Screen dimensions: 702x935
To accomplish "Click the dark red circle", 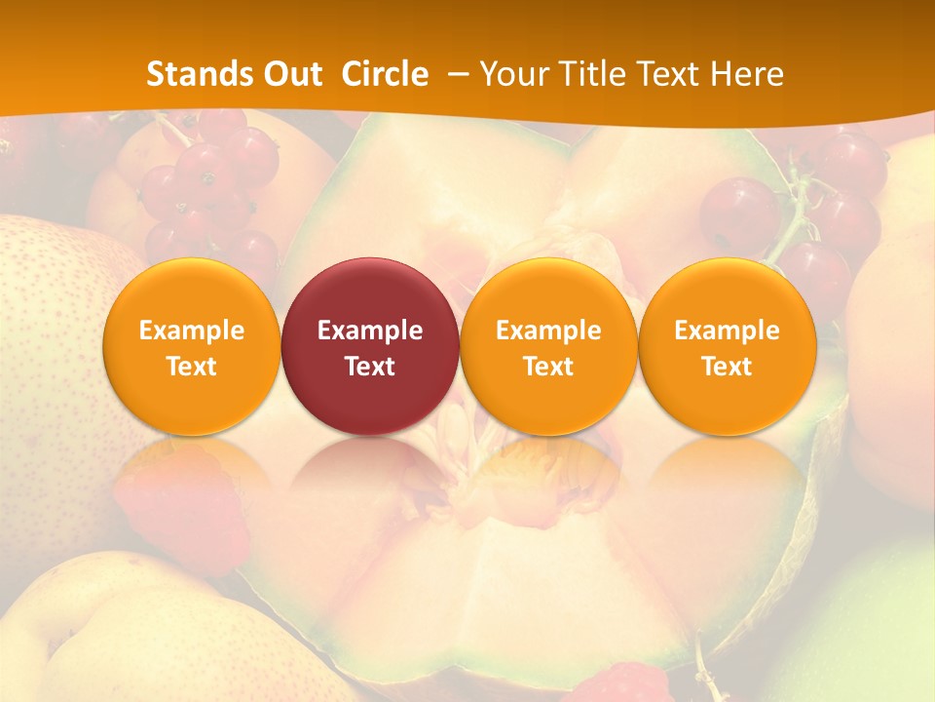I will [x=370, y=346].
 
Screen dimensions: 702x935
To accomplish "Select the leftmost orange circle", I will [x=192, y=346].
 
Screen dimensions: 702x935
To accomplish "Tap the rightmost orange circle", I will [x=727, y=346].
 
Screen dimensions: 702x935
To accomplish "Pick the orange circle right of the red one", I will [x=548, y=346].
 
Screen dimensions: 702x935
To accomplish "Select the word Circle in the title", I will [x=385, y=74].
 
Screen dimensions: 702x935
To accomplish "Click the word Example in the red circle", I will [x=370, y=331].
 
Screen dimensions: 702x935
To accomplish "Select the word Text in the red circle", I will [x=370, y=367].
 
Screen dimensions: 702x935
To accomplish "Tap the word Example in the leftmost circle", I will [x=192, y=331].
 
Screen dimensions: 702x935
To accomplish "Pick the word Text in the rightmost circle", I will [x=727, y=367].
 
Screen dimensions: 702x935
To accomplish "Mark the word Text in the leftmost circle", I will [x=192, y=367].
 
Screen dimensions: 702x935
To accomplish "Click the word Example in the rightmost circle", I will [x=727, y=331].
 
